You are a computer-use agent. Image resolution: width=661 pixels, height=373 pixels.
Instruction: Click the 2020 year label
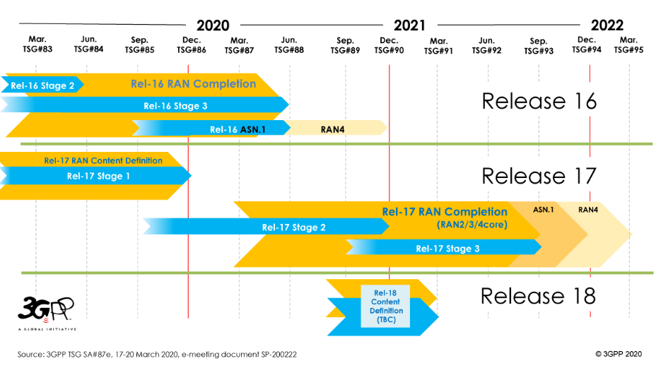pos(213,25)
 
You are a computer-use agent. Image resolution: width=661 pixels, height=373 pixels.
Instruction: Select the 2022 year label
pos(607,25)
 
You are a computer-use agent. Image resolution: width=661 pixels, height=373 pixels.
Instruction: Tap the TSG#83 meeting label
pos(37,49)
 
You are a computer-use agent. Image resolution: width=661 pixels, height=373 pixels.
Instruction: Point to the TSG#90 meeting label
pos(389,50)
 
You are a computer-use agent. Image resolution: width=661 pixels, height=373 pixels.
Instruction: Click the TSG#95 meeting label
pos(628,49)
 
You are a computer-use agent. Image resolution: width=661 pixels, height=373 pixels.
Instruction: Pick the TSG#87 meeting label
pos(239,51)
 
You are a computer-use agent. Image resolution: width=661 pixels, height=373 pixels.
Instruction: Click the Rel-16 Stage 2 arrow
pos(42,85)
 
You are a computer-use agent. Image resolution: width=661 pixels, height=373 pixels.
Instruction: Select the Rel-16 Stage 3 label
pos(175,106)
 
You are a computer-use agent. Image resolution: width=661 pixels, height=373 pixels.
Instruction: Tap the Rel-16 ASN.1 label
pos(238,129)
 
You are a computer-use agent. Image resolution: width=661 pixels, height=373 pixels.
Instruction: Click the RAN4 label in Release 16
pos(332,129)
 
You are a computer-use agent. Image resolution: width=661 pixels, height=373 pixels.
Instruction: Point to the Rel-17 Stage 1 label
pos(98,176)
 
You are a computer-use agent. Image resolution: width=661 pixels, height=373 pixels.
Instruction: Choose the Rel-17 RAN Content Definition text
pos(103,160)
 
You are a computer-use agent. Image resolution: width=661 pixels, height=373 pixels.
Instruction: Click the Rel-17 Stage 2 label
pos(294,227)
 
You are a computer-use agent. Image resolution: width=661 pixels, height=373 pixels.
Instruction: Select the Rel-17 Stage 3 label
pos(448,249)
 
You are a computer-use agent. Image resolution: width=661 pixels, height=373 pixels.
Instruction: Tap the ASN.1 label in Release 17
pos(544,210)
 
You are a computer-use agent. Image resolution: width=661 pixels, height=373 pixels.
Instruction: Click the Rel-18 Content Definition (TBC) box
pos(385,307)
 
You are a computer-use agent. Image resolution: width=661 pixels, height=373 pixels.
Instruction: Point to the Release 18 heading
pos(538,296)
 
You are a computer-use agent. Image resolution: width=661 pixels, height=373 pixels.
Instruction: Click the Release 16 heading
pos(539,101)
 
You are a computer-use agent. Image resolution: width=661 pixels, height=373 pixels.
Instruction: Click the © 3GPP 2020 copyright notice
pos(619,354)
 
